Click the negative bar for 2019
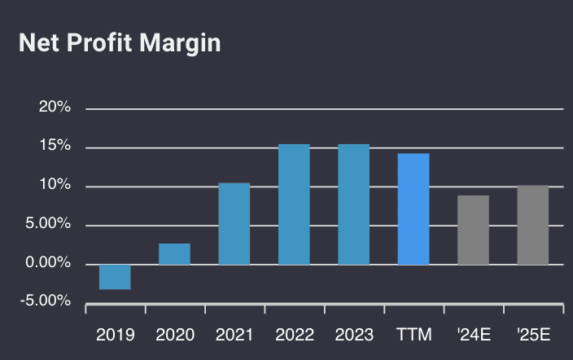point(115,277)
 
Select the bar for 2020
point(174,254)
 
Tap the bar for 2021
point(234,224)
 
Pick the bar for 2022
point(294,204)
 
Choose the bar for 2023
point(354,204)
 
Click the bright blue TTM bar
point(413,209)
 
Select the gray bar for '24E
point(473,230)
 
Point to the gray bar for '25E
point(533,225)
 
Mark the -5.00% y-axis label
point(46,301)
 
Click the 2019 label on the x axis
point(115,335)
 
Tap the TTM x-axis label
point(413,335)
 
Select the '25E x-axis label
point(533,335)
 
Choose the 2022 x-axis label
point(294,335)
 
